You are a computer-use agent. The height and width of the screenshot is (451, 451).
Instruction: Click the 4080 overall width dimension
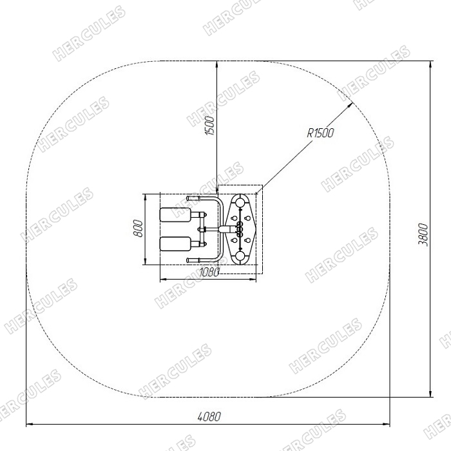[x=209, y=416]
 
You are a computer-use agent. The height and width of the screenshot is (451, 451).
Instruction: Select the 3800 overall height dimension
[x=423, y=235]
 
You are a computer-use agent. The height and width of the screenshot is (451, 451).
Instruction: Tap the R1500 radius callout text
[x=321, y=133]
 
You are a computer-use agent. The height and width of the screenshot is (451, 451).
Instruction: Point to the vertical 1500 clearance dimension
[x=209, y=126]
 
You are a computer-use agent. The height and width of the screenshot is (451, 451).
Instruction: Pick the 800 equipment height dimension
[x=139, y=228]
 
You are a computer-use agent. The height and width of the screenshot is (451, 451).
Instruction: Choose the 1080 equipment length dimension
[x=209, y=272]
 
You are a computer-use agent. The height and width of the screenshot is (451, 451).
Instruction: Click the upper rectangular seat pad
[x=175, y=215]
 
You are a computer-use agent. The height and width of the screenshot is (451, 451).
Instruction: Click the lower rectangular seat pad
[x=175, y=244]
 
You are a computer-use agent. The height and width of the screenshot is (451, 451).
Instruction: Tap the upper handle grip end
[x=193, y=198]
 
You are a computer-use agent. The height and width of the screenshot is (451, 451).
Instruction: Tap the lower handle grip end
[x=193, y=260]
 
